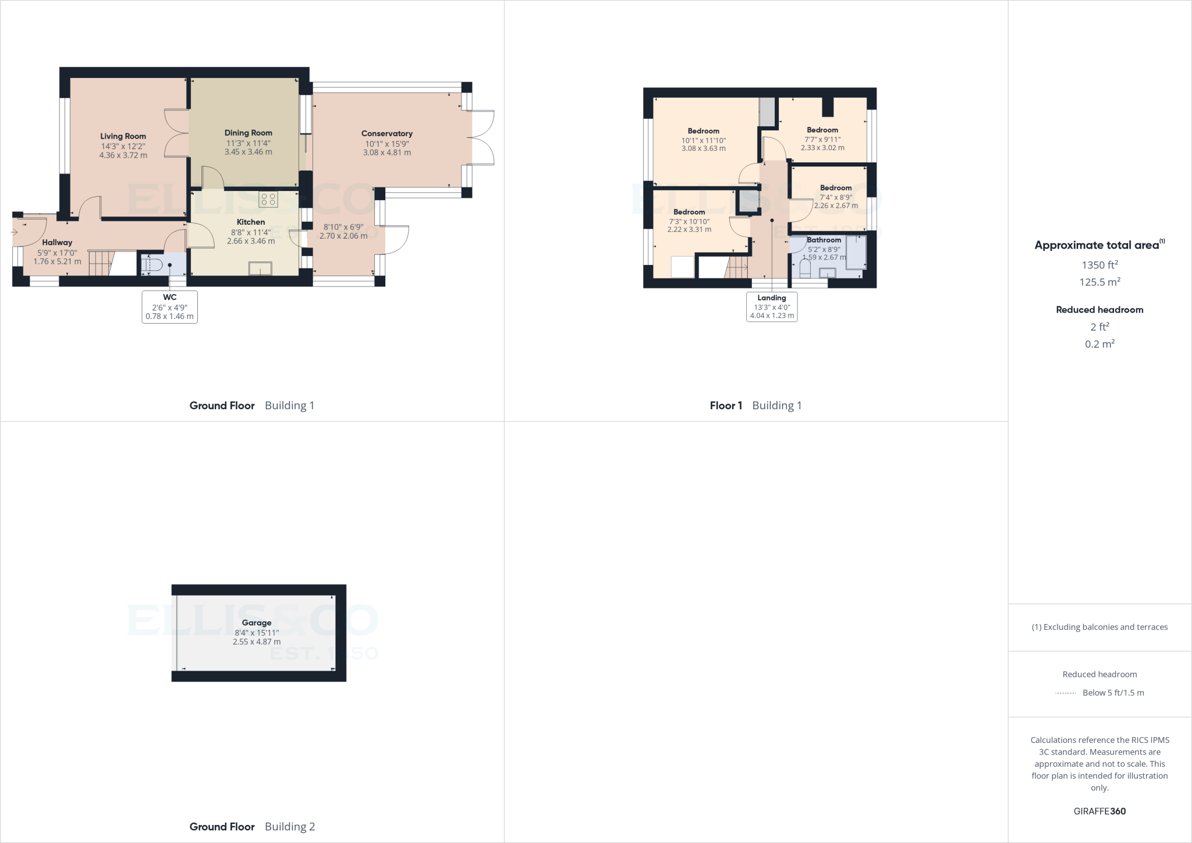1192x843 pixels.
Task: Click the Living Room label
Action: coord(123,136)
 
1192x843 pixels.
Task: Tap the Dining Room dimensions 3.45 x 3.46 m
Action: coord(248,152)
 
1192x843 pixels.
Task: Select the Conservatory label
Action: coord(386,133)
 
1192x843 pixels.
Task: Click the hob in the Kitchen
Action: coord(268,200)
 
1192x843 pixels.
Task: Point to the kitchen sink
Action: coord(260,268)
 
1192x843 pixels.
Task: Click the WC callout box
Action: coord(169,307)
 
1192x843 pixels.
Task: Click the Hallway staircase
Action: coord(100,264)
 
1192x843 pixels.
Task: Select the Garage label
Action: coord(256,622)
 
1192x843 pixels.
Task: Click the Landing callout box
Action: coord(772,307)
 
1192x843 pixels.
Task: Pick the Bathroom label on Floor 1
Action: coord(824,240)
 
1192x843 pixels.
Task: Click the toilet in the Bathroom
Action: coord(806,268)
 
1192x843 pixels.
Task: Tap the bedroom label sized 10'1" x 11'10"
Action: coord(703,131)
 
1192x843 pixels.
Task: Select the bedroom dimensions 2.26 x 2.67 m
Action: coord(836,206)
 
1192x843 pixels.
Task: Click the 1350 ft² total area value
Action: coord(1099,265)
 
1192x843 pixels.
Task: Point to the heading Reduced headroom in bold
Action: coord(1099,310)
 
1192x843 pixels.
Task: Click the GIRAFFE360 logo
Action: coord(1099,811)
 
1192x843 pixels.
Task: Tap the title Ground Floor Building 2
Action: coord(252,826)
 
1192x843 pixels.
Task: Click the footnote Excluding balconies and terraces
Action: coord(1099,627)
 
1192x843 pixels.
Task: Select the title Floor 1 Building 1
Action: coord(755,405)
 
